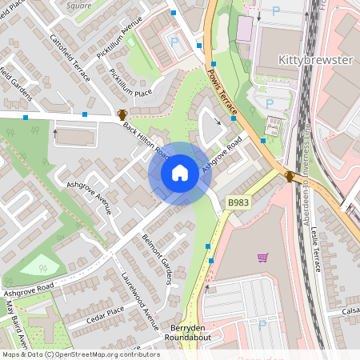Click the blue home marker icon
[180, 173]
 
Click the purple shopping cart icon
[262, 257]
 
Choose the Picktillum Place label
[130, 84]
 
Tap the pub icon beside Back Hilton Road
[122, 115]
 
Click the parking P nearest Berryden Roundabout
[262, 326]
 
